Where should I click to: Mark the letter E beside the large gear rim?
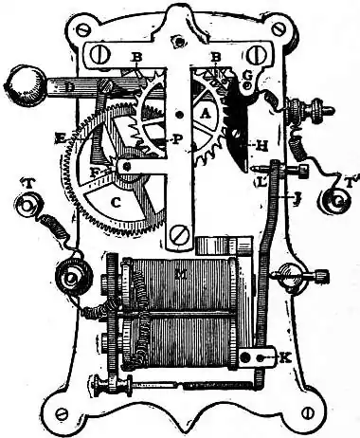coord(59,138)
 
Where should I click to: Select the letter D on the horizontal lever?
coord(71,89)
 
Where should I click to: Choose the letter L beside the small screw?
coord(258,178)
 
